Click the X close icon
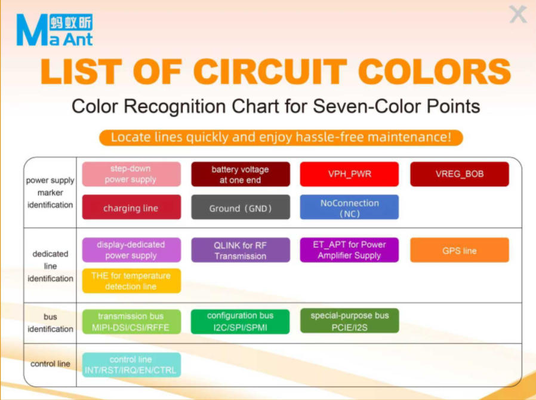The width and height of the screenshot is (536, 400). coord(518,14)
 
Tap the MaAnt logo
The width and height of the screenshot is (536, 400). coord(55,30)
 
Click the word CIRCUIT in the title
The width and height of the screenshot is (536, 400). coord(270,72)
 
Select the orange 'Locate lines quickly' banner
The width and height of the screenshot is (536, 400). coord(281,137)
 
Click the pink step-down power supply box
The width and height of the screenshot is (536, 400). coord(131,174)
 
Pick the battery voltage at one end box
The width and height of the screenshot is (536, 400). coord(241,174)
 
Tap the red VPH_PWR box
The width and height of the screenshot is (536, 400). coord(349,174)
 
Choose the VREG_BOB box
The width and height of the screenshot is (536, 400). coord(460,174)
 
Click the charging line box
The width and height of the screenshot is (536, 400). coord(131,207)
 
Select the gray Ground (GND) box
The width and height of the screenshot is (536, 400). coord(241,207)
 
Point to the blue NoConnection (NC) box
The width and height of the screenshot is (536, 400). coord(349,207)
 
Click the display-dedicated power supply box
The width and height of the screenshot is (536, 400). coord(131,250)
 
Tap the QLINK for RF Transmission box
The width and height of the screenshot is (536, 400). coord(241,250)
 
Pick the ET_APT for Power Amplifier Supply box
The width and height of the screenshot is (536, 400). coord(349,250)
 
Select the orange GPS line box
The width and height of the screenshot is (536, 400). coord(460,250)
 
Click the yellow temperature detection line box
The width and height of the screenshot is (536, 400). coord(131,281)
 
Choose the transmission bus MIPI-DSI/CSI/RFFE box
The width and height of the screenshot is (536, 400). coord(131,321)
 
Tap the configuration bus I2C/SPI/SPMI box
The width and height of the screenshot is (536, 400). coord(241,321)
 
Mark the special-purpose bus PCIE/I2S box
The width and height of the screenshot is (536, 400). coord(349,321)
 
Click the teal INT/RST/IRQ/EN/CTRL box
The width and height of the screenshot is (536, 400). coord(131,365)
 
